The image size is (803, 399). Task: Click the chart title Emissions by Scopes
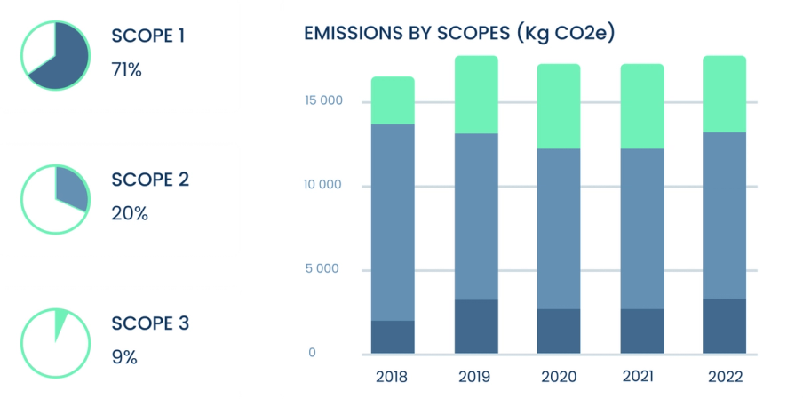pos(459,34)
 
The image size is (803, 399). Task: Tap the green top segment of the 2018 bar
pos(393,100)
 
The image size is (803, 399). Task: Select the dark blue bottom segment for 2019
pos(476,326)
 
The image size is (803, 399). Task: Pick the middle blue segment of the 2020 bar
pos(559,228)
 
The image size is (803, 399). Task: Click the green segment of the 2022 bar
pos(724,94)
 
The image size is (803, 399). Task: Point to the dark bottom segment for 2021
pos(641,331)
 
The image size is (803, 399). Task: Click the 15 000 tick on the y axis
pos(324,100)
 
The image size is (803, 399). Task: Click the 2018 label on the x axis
pos(392,377)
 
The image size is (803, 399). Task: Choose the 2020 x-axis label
pos(558,377)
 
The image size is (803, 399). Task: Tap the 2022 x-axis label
pos(725,377)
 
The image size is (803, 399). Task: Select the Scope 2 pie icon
pos(55,198)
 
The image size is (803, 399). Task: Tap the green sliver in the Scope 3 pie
pos(60,324)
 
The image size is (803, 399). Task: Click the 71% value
pos(126,69)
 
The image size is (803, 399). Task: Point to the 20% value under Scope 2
pos(129,213)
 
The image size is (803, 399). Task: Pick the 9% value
pos(123,357)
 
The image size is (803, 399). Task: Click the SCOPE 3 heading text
pos(150,323)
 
